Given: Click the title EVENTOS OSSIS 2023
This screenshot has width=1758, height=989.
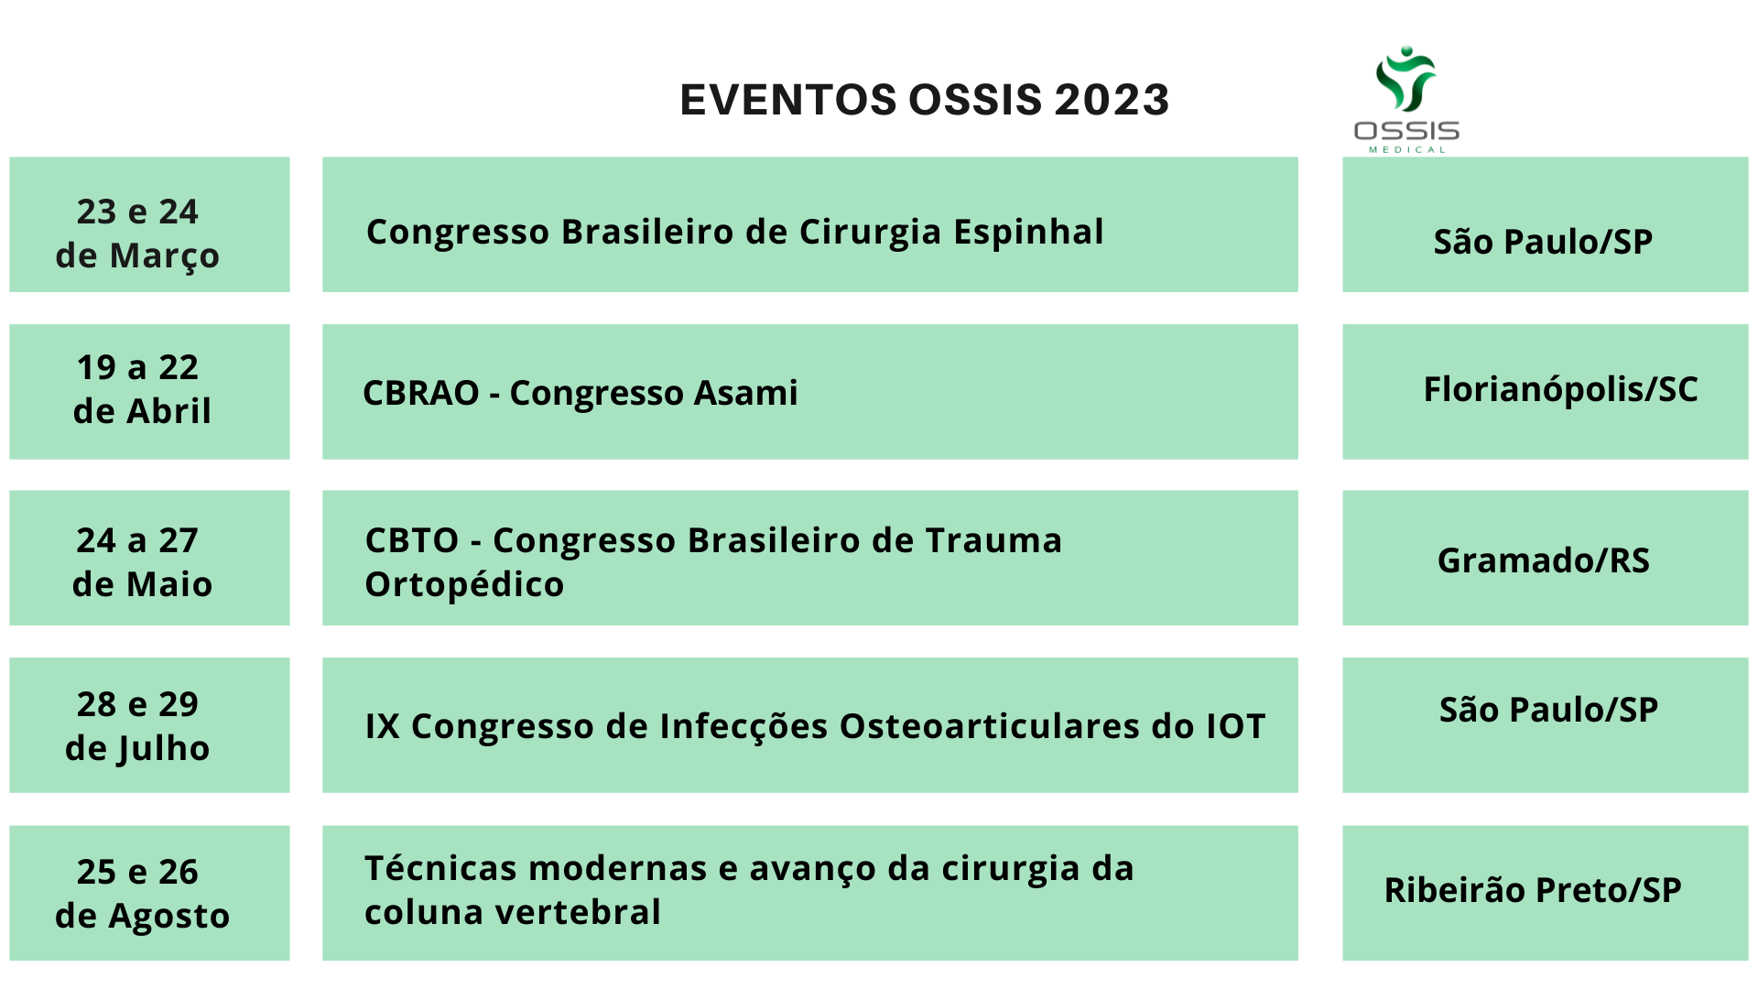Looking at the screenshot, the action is (925, 99).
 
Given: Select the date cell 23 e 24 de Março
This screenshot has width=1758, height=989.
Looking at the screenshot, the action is (149, 224).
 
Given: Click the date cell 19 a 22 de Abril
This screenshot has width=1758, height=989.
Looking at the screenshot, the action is (149, 391).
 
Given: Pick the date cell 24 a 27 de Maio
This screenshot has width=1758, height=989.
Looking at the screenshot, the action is (149, 558).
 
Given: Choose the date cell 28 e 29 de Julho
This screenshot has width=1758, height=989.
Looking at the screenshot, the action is (149, 725).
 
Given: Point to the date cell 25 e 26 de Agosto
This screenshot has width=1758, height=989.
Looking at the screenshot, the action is (149, 893).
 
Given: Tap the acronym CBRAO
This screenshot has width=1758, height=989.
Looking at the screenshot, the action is (421, 393).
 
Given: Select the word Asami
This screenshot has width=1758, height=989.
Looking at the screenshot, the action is (745, 393).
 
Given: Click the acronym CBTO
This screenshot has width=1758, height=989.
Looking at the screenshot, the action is (411, 540).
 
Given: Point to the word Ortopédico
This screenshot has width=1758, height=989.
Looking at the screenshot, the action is (464, 585).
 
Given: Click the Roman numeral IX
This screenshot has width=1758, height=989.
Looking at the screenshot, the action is (382, 726).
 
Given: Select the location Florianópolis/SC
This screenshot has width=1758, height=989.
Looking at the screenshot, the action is (1560, 390).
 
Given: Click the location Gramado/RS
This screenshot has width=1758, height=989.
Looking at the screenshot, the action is (1544, 560).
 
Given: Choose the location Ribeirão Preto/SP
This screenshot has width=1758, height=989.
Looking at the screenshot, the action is (1533, 890).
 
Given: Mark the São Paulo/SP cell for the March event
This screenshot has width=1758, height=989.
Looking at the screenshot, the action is (1546, 224).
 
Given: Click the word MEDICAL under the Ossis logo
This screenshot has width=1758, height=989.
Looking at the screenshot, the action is (1407, 149).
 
